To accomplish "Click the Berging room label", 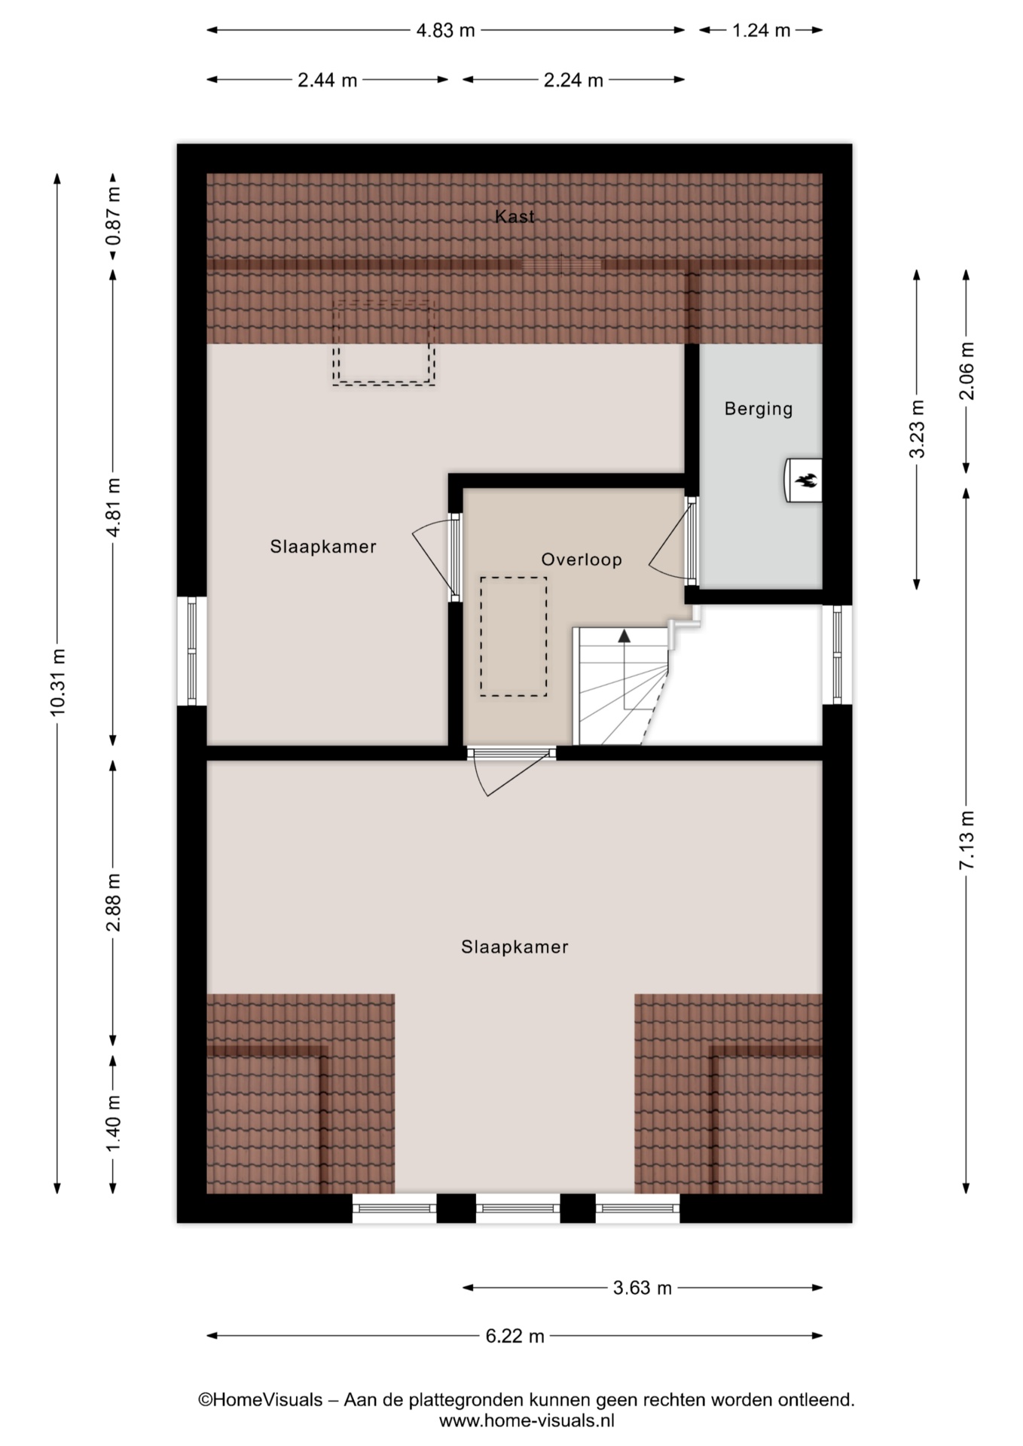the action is click(x=758, y=409).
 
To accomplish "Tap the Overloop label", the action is click(x=582, y=560).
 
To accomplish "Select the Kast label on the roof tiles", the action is click(x=515, y=217).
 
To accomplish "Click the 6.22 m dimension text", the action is click(x=515, y=1335).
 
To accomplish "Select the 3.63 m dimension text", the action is click(x=642, y=1287).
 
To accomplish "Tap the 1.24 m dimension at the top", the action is click(x=761, y=30).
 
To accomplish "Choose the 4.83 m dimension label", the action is click(x=445, y=30).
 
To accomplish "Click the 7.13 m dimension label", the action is click(x=967, y=840).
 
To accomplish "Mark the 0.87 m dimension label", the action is click(x=113, y=216).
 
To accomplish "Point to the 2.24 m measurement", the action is click(x=573, y=80).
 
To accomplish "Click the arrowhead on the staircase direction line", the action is click(x=624, y=636).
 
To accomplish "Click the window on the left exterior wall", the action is click(x=191, y=651).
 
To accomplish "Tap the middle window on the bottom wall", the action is click(x=518, y=1208).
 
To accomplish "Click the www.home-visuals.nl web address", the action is click(x=527, y=1420).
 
